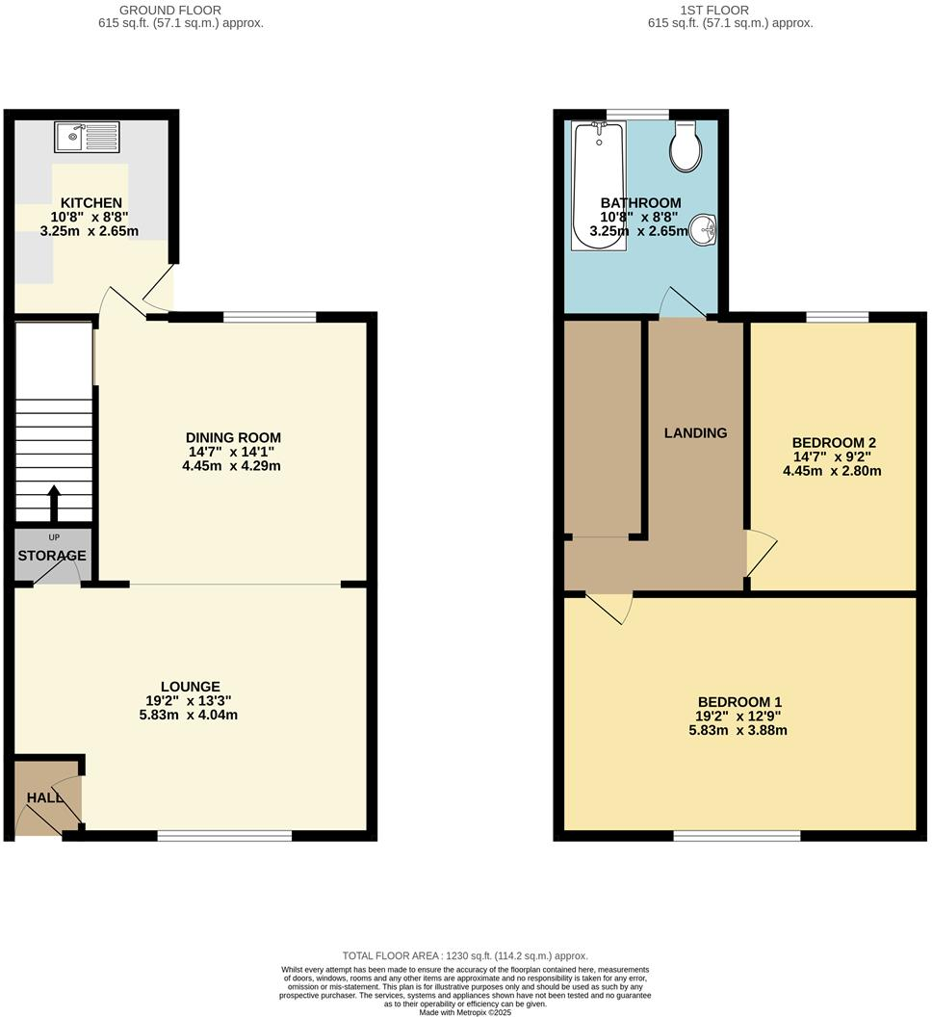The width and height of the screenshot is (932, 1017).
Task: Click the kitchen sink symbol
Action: (87, 138)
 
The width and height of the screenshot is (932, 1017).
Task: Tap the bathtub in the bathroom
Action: (599, 187)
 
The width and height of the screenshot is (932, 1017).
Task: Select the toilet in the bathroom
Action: (686, 147)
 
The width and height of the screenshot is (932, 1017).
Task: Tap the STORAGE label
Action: (52, 556)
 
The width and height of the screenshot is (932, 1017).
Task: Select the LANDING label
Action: (695, 433)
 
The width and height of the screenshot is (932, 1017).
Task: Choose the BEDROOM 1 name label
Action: (739, 702)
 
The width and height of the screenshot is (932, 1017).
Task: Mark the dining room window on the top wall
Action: (270, 317)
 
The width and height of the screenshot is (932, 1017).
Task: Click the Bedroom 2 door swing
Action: (761, 552)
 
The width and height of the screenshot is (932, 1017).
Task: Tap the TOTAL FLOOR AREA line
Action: (465, 955)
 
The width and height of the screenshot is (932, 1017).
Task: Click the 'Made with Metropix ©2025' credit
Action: (466, 1011)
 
